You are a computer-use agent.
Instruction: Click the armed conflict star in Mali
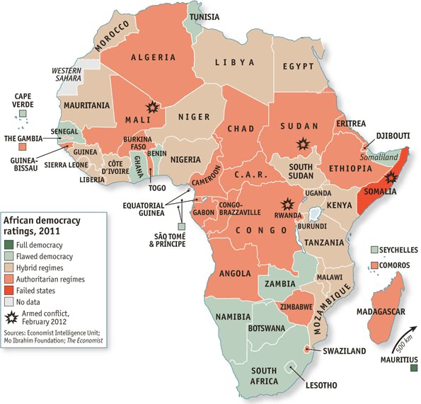tap(151, 108)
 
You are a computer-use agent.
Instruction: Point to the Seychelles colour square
tap(376, 250)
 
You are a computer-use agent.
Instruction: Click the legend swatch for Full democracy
tap(11, 245)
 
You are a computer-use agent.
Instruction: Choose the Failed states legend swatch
tap(11, 290)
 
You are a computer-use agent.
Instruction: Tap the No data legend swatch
tap(11, 301)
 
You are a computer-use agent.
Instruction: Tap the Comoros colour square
tap(376, 264)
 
